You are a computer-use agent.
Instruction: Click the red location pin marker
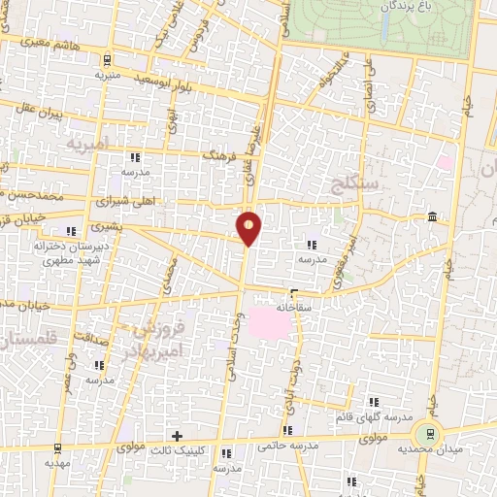249,228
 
